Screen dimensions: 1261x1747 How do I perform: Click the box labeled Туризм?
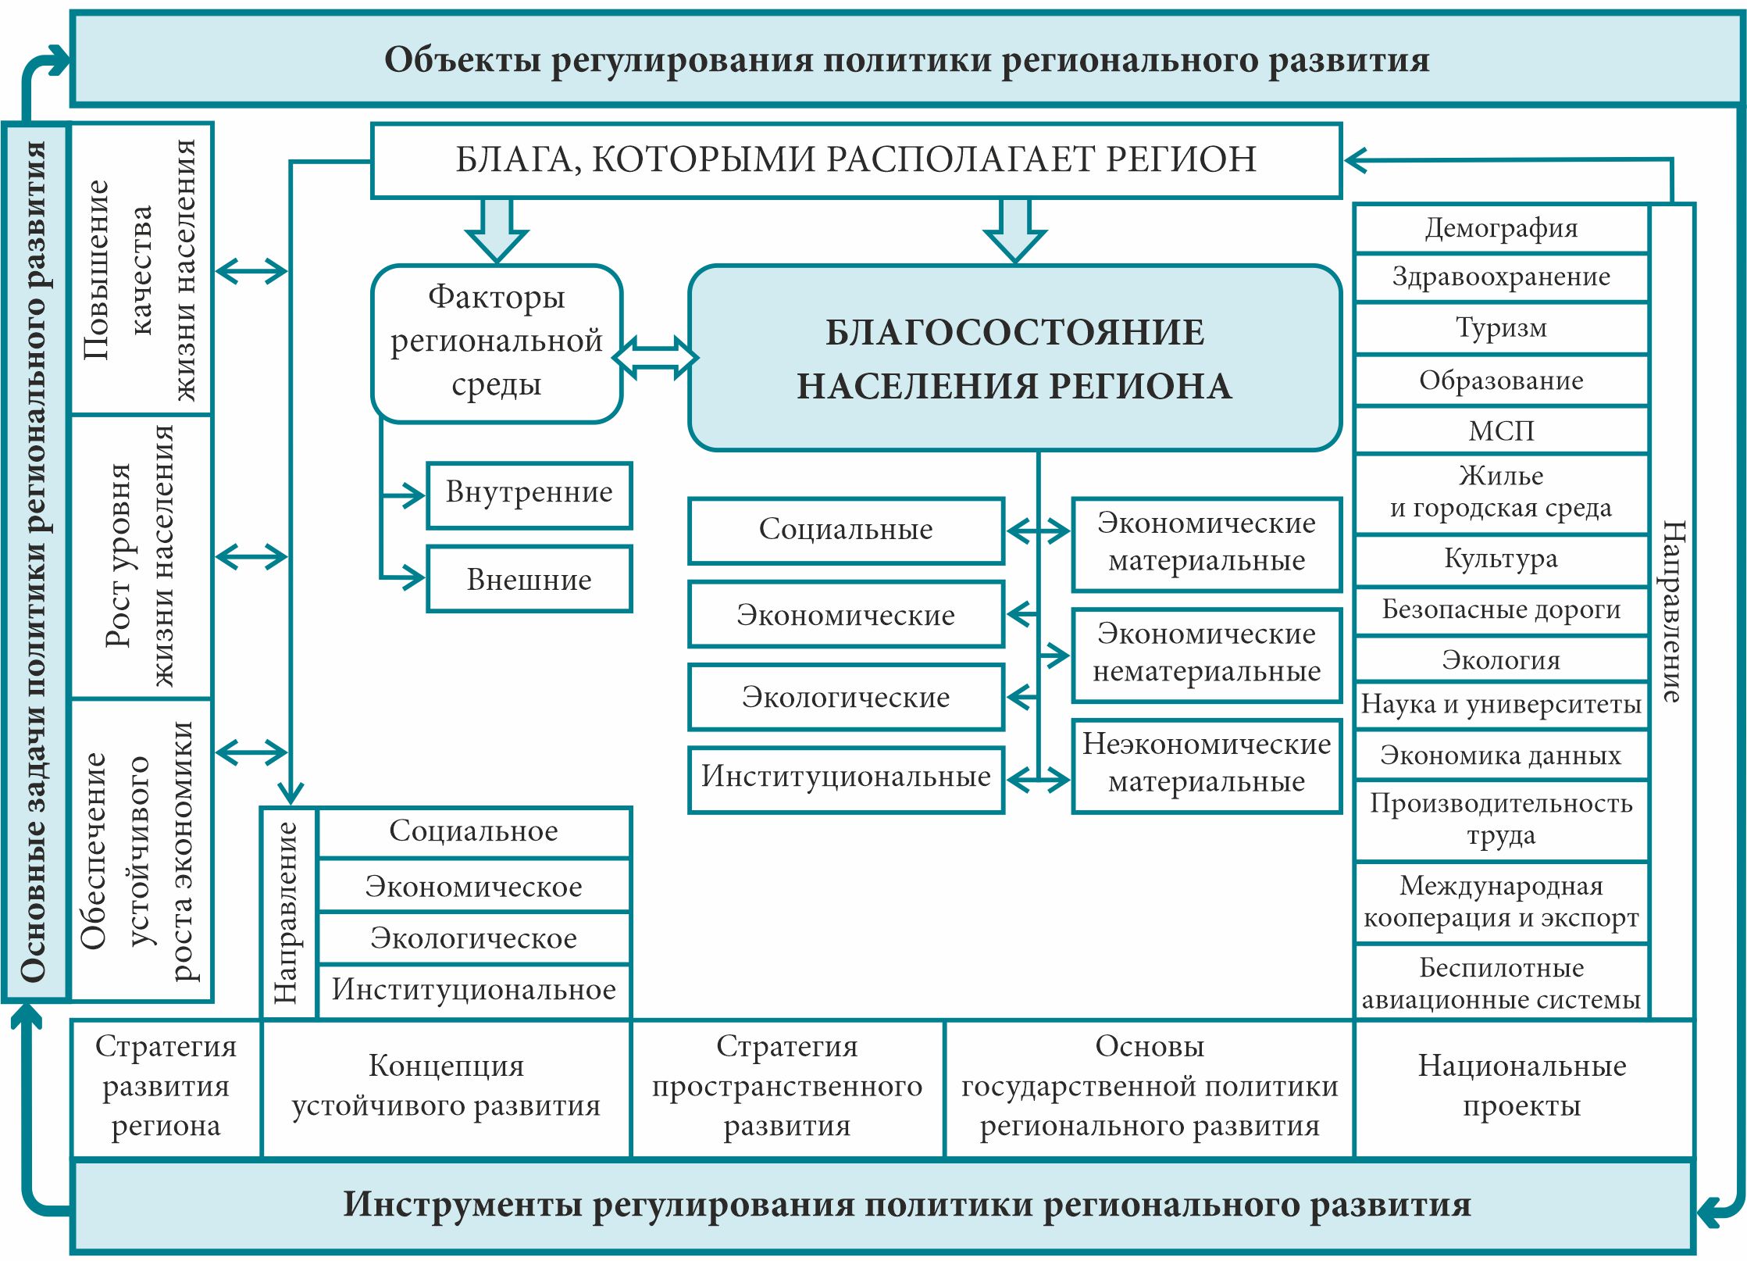tap(1501, 328)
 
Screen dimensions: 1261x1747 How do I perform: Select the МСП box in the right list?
tap(1501, 430)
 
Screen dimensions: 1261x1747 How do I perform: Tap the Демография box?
tap(1501, 228)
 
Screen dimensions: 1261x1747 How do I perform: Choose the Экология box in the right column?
tap(1501, 660)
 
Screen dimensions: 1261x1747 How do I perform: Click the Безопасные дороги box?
tap(1501, 609)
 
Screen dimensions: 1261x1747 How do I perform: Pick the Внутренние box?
tap(529, 494)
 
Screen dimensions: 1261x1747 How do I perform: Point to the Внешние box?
tap(529, 580)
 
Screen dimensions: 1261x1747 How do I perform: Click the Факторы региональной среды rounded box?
tap(497, 342)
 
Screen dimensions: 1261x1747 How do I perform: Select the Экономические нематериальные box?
tap(1207, 653)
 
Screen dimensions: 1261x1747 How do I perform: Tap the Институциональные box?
tap(846, 778)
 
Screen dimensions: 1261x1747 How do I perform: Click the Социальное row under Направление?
tap(473, 832)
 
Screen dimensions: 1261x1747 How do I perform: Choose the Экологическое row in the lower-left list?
tap(473, 938)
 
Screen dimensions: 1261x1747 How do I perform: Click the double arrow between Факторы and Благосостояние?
tap(655, 358)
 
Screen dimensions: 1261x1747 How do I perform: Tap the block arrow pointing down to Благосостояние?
tap(1014, 230)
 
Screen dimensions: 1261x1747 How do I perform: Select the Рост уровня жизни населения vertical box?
tap(141, 556)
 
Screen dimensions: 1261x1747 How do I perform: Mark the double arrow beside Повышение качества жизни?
tap(251, 272)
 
